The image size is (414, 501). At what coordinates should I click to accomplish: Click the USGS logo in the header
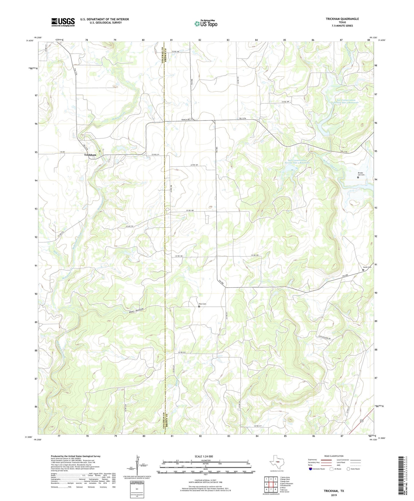63,22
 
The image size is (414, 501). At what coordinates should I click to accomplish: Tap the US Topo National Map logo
205,24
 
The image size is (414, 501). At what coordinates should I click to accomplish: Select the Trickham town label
90,155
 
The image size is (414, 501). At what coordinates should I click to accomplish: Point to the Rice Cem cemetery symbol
199,306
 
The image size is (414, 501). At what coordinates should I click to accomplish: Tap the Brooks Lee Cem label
361,174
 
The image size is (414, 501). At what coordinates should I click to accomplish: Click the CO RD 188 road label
190,211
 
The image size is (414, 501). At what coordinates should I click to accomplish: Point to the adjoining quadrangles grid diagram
270,484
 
